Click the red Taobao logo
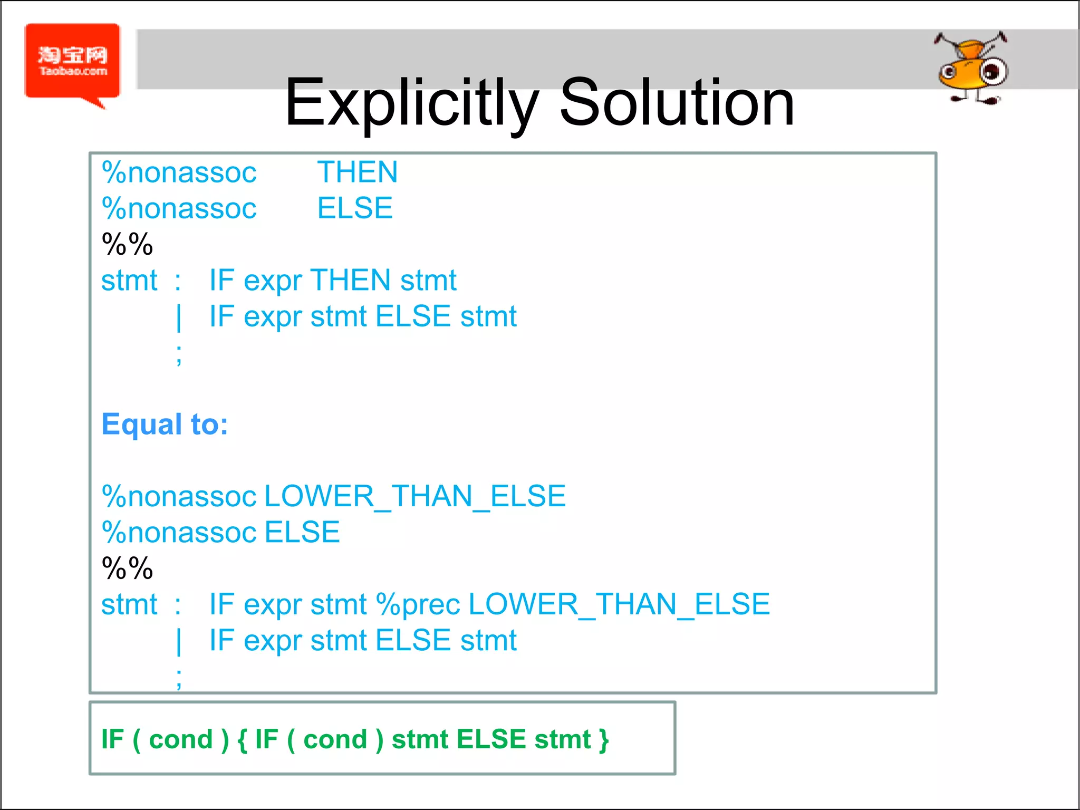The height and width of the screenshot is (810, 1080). (73, 61)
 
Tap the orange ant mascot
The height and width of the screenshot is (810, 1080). (972, 69)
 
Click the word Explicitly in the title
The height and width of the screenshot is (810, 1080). (412, 103)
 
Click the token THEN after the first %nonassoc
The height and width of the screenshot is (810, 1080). (358, 172)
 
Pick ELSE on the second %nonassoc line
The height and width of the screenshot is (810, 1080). (355, 208)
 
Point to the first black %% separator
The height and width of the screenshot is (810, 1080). (127, 244)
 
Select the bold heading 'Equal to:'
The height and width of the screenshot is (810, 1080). (165, 425)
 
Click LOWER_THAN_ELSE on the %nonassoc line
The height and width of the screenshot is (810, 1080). (414, 496)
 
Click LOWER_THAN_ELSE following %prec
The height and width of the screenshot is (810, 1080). (619, 604)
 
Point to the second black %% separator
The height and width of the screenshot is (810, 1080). (127, 568)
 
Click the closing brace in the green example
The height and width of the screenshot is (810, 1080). (604, 740)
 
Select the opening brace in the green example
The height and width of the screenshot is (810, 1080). (242, 740)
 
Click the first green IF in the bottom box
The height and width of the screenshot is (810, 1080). (112, 739)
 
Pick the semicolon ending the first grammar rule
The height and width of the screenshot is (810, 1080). (179, 355)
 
